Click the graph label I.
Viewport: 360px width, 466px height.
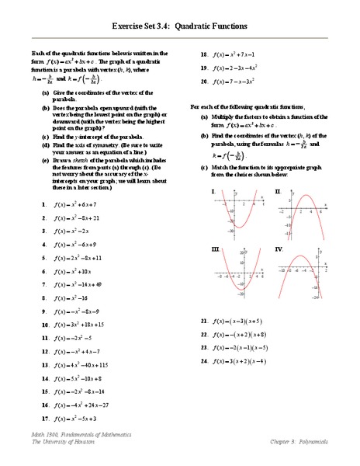tap(212, 190)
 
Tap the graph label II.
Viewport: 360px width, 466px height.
tap(278, 190)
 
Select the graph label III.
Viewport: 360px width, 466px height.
tap(214, 249)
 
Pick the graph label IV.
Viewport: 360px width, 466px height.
tap(279, 249)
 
